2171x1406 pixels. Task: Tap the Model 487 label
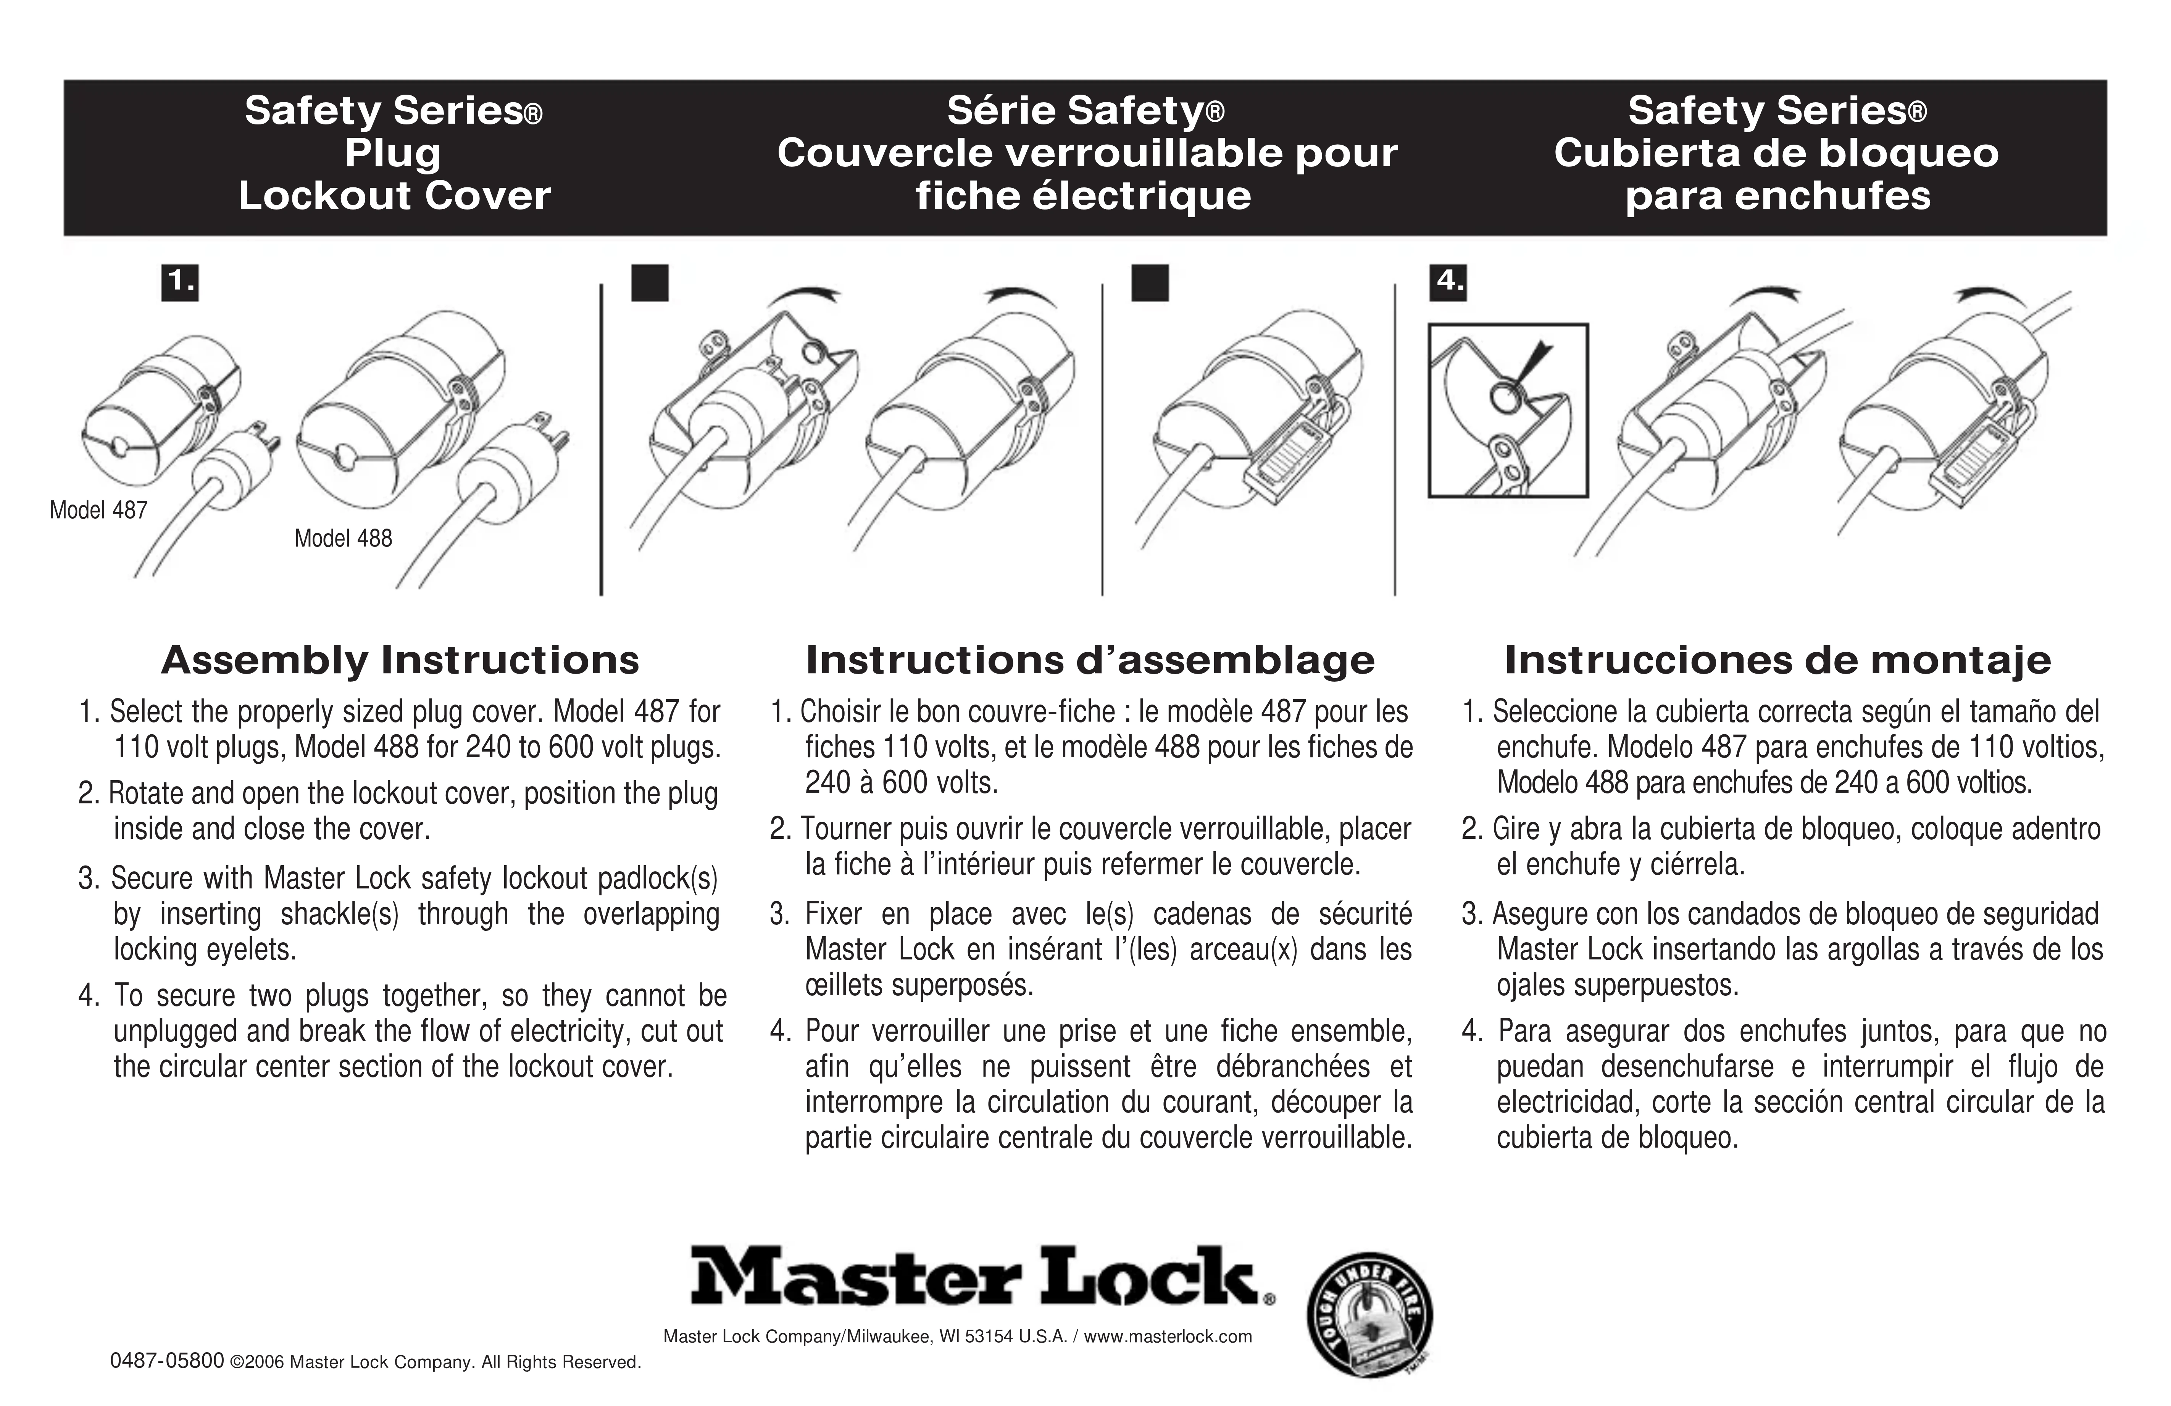98,510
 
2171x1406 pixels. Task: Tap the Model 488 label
343,538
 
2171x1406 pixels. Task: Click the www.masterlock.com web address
1168,1337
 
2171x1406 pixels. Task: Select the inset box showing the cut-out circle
1508,411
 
